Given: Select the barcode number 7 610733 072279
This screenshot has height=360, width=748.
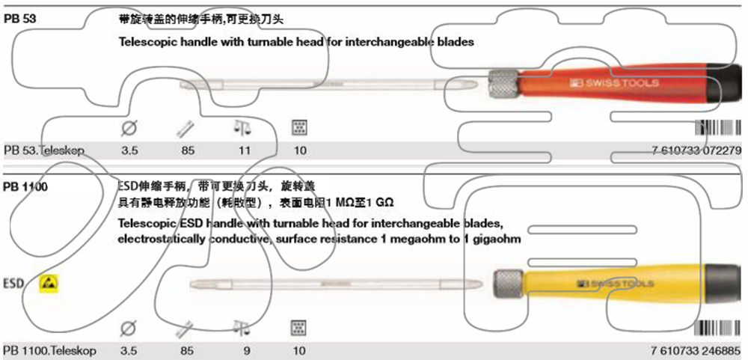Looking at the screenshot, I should tap(696, 150).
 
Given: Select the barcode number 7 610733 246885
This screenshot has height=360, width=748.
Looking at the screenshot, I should tap(696, 350).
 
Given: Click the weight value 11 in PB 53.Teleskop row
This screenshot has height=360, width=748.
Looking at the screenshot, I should tap(245, 150).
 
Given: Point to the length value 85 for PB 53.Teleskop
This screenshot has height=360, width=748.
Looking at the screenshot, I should tap(188, 150).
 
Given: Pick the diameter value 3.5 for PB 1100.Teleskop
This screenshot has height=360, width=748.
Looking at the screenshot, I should tap(129, 350).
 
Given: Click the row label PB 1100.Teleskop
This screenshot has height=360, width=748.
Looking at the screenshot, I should tap(49, 350).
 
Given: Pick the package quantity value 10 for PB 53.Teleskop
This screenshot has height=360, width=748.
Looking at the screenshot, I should tap(300, 150).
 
